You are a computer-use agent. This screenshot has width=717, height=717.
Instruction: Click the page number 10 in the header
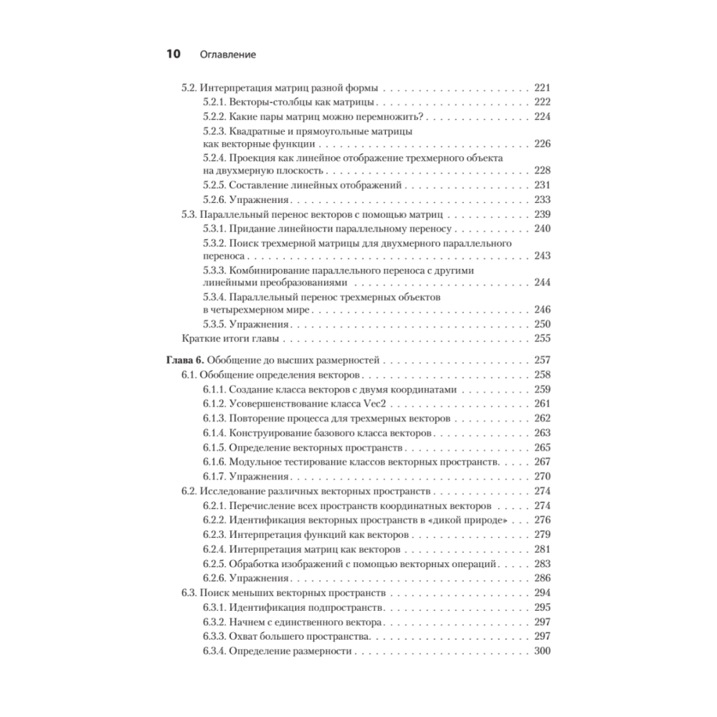(174, 54)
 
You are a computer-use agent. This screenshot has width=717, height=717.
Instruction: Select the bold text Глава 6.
(186, 361)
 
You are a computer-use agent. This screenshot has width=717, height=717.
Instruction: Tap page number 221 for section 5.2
(542, 89)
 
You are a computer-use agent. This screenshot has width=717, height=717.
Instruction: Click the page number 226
(542, 143)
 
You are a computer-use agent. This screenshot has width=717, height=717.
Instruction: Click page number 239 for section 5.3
(542, 214)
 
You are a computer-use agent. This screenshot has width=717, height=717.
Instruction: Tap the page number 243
(542, 255)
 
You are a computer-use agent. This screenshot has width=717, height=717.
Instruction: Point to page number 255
(542, 338)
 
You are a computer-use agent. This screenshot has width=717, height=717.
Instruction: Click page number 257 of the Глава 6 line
(542, 361)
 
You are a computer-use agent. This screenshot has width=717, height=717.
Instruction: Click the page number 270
(542, 476)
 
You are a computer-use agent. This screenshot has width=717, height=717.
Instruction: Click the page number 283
(542, 564)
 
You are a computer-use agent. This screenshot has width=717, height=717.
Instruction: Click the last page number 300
(542, 651)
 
